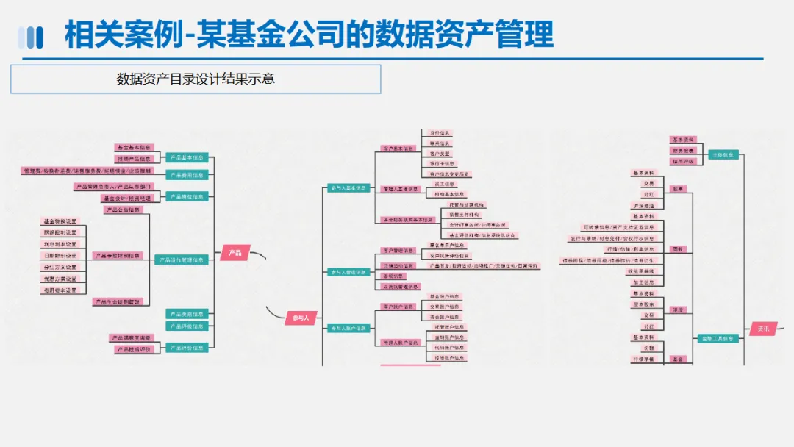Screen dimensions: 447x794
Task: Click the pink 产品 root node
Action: tap(235, 253)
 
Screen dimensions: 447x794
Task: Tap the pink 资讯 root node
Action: tap(763, 329)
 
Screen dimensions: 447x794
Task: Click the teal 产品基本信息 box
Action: tap(187, 157)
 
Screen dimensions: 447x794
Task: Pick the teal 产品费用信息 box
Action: tap(187, 175)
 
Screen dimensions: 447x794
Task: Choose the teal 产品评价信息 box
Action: tap(187, 348)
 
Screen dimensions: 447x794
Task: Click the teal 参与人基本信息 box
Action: tap(348, 188)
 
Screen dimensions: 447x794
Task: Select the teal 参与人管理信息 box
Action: tap(348, 272)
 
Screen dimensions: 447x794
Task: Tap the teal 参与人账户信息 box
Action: tap(348, 329)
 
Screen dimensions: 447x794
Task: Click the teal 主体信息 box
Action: tap(723, 155)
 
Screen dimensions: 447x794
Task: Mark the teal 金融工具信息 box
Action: tap(718, 339)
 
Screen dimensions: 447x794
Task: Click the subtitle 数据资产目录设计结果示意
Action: tap(196, 79)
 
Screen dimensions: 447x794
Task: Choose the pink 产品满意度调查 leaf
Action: tap(131, 338)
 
